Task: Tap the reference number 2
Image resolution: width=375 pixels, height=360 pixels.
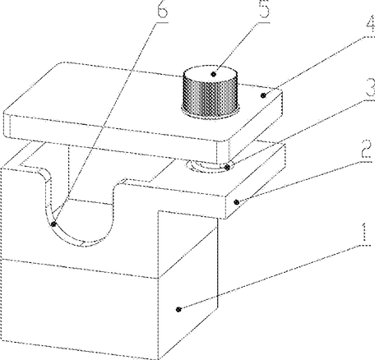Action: (x=367, y=149)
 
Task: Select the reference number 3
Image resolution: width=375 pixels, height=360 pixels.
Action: (x=369, y=87)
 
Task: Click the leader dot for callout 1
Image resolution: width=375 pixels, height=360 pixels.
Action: (x=178, y=309)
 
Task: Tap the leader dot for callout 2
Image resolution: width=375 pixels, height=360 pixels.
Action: (x=237, y=202)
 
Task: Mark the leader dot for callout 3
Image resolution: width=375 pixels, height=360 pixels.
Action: (x=227, y=167)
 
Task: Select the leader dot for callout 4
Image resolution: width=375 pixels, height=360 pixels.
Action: (x=263, y=95)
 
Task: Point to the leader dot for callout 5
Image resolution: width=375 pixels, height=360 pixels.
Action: (x=214, y=74)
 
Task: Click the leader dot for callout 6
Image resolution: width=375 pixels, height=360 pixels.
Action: (x=54, y=224)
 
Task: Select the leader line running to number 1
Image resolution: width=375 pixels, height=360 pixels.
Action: (x=269, y=277)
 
